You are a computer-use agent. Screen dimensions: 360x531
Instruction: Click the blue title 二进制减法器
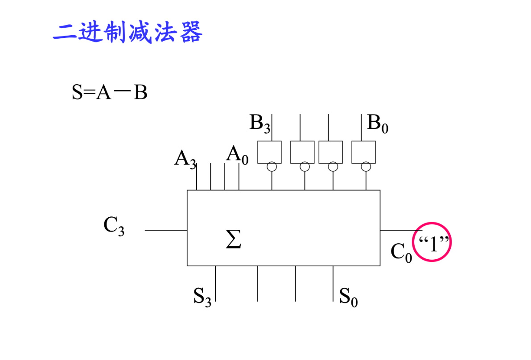128,32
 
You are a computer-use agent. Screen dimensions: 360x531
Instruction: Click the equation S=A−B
109,93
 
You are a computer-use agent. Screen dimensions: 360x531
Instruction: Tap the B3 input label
259,123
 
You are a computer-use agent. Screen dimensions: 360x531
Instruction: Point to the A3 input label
185,159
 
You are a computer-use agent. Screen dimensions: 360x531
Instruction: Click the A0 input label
237,155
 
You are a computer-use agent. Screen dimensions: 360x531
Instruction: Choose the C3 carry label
114,226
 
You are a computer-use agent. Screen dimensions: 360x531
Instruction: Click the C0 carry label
401,252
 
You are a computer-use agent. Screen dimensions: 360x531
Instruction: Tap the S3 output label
202,296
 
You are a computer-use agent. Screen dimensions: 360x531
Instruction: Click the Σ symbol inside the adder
233,240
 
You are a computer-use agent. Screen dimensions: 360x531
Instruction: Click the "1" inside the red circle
432,243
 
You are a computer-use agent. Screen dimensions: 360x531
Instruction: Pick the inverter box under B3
269,152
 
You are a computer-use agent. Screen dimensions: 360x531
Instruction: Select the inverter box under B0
363,152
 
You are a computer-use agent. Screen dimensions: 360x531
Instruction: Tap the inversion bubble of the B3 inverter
272,167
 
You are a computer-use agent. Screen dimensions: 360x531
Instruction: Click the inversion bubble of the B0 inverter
366,167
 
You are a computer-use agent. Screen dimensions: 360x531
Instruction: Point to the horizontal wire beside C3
165,230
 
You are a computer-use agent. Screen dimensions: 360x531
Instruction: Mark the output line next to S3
215,283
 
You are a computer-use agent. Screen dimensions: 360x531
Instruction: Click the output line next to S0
333,283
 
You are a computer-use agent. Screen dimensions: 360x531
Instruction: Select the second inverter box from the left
302,152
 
